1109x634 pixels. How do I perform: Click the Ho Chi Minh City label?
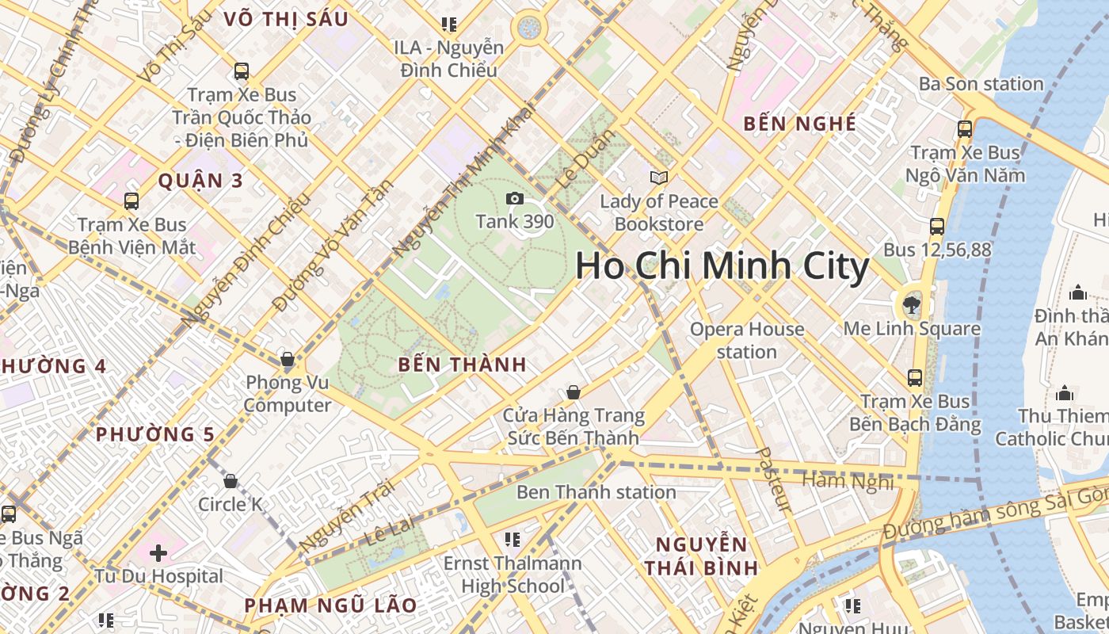point(722,266)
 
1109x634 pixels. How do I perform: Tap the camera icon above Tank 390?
point(515,198)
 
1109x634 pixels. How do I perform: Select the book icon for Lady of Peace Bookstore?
point(658,178)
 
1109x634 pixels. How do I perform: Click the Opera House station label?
point(746,340)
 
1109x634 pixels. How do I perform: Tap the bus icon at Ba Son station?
point(965,128)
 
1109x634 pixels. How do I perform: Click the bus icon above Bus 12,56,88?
point(937,226)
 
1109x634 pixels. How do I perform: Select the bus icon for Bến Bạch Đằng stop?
point(915,377)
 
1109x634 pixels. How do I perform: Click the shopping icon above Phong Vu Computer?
point(288,359)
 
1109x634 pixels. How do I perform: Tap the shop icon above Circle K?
point(231,481)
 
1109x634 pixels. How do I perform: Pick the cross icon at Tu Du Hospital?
point(158,552)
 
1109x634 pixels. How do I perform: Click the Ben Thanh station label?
point(596,492)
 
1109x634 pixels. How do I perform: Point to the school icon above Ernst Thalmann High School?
point(513,540)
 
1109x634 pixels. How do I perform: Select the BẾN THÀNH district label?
point(463,365)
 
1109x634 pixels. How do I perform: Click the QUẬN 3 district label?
point(200,181)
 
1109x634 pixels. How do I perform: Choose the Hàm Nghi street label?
point(848,480)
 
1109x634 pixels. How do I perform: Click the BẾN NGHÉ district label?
point(800,124)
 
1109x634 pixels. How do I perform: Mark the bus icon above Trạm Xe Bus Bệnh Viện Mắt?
point(131,201)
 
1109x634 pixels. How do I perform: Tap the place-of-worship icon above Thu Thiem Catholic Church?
point(1065,393)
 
